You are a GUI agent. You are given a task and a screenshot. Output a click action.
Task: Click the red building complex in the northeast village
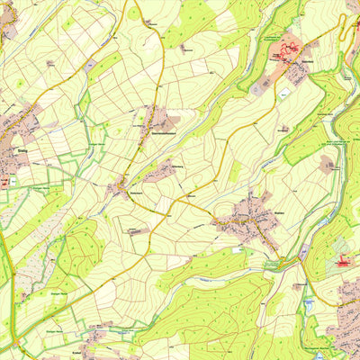click(x=291, y=47)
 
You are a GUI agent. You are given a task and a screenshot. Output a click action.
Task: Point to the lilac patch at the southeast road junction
click(x=303, y=250)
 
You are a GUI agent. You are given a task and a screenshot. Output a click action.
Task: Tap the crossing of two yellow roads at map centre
click(x=177, y=200)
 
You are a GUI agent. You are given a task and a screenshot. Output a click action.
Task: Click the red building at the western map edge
click(x=4, y=181)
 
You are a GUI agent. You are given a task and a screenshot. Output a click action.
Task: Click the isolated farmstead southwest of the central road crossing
click(x=137, y=231)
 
